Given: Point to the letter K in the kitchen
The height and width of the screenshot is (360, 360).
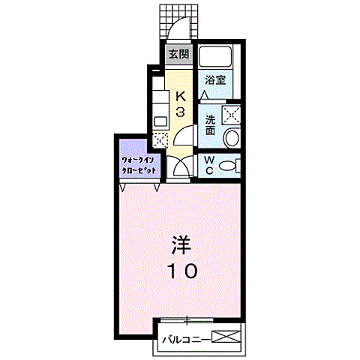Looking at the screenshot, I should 181,96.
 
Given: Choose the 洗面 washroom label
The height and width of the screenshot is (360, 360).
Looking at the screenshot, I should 211,124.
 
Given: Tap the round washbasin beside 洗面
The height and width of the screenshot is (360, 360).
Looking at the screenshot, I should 232,138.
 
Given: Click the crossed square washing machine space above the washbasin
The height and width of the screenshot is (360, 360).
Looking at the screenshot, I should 231,114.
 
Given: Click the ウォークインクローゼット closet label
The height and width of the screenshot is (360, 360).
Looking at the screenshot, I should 139,165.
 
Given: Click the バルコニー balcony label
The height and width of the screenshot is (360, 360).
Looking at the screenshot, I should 184,339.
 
